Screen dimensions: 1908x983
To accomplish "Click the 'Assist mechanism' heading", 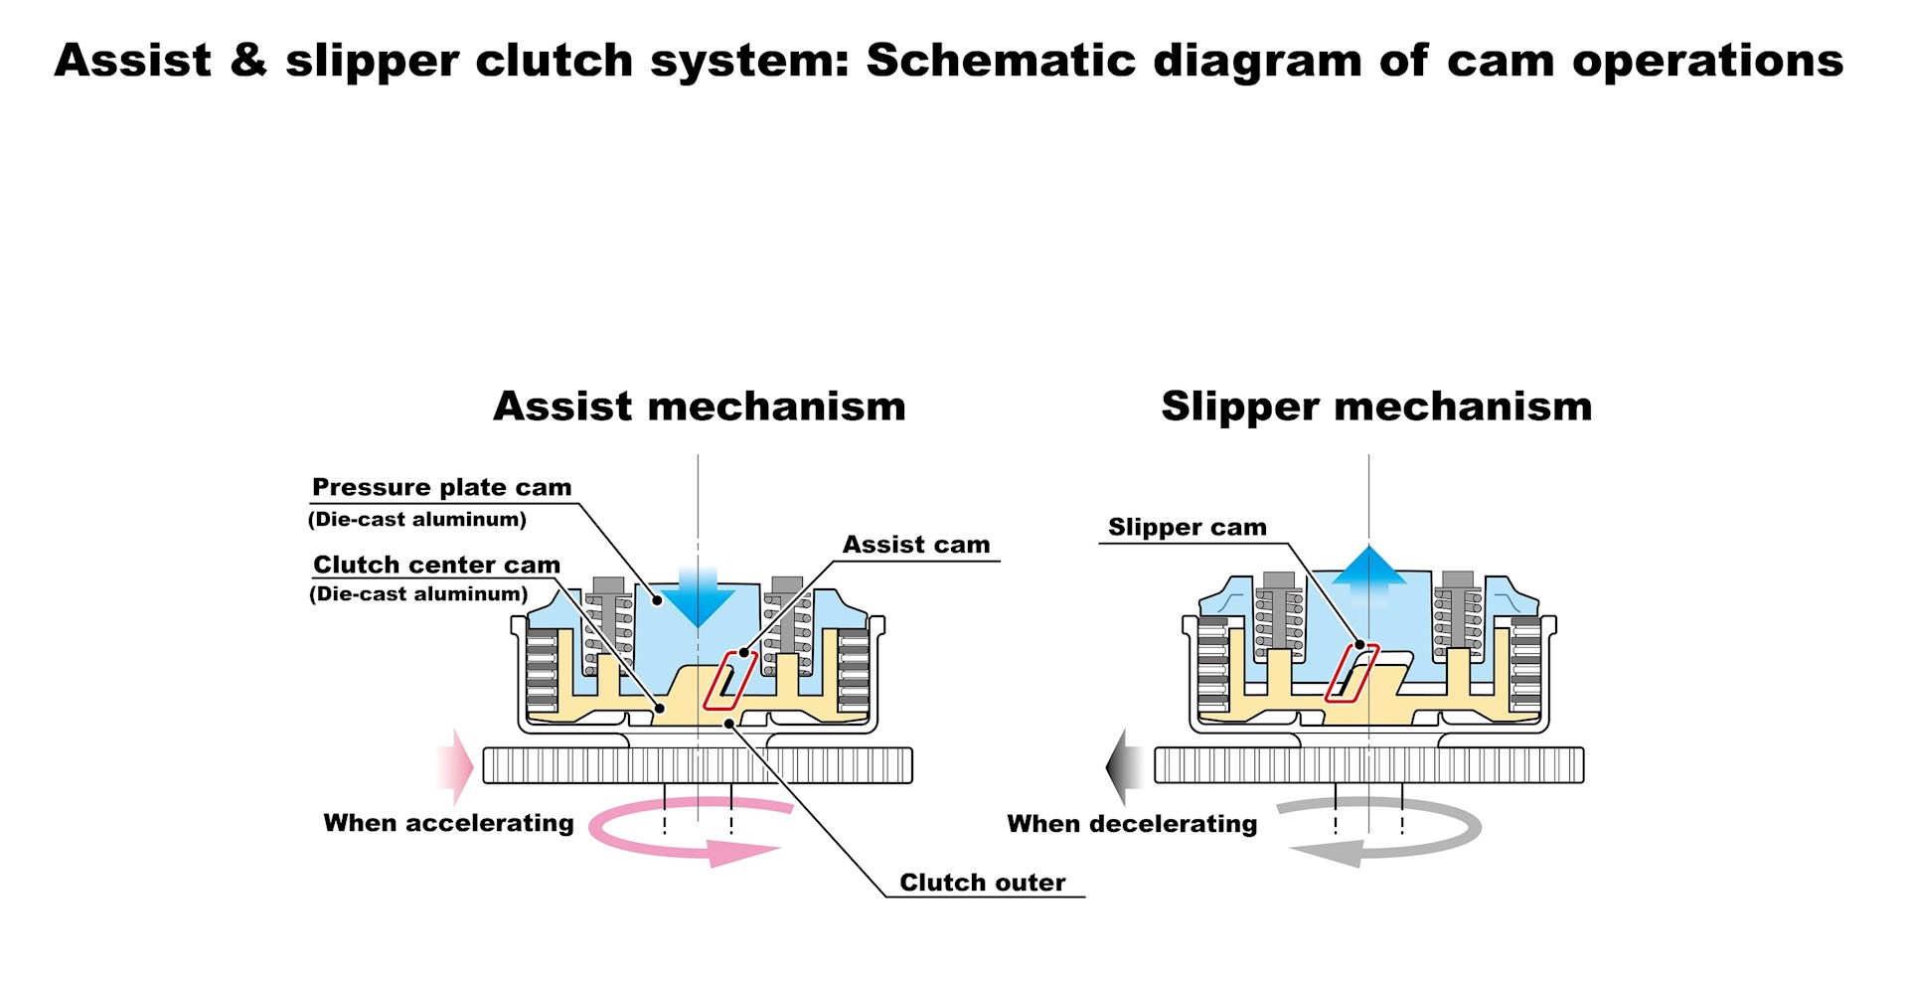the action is [x=699, y=406].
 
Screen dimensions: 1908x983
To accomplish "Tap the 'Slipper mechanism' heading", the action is [x=1376, y=407].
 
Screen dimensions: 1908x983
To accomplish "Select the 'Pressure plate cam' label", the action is [x=441, y=487].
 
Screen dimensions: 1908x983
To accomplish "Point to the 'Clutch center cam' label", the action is [x=436, y=565].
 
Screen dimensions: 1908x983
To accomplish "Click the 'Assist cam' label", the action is [x=916, y=545].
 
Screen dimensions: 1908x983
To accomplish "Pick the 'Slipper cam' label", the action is [x=1188, y=527].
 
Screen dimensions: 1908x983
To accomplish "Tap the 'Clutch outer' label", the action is [x=982, y=883].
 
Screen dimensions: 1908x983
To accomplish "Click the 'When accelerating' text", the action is [x=448, y=823].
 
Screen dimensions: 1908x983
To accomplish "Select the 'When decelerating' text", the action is [x=1132, y=824].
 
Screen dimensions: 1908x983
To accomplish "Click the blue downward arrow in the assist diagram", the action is [x=698, y=596].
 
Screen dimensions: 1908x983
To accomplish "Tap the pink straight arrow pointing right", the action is [x=455, y=767].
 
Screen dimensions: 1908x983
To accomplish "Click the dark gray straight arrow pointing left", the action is [x=1125, y=766].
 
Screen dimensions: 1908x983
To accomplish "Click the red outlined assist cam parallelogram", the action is [x=730, y=681].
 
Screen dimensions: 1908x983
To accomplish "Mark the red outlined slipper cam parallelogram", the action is [x=1351, y=673].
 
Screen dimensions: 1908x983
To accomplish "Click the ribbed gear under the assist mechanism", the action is [x=698, y=765].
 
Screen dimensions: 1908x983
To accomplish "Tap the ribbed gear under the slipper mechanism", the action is [x=1368, y=765].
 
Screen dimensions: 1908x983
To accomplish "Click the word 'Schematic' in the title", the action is [x=1001, y=61].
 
